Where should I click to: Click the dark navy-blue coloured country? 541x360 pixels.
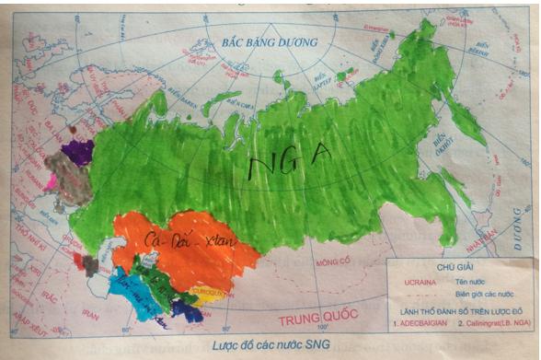coord(188,311)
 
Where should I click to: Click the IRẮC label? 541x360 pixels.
coord(40,296)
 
